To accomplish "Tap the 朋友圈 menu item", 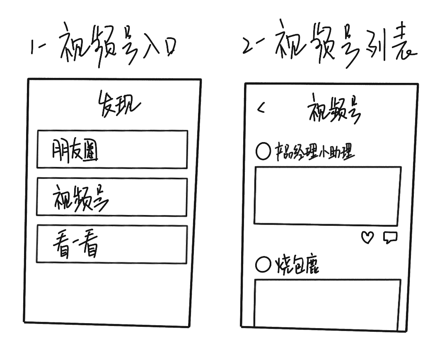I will click(112, 150).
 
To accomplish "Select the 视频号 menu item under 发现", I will click(111, 197).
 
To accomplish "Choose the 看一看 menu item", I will click(111, 244).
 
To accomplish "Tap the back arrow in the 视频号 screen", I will click(261, 109).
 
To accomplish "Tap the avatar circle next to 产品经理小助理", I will click(263, 152).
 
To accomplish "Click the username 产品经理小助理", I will click(315, 152).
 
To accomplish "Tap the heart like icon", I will click(367, 237).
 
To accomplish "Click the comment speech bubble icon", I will click(390, 237).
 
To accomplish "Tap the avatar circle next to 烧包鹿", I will click(263, 264).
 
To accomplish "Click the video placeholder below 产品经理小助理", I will click(327, 196).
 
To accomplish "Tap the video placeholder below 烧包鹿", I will click(327, 304).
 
